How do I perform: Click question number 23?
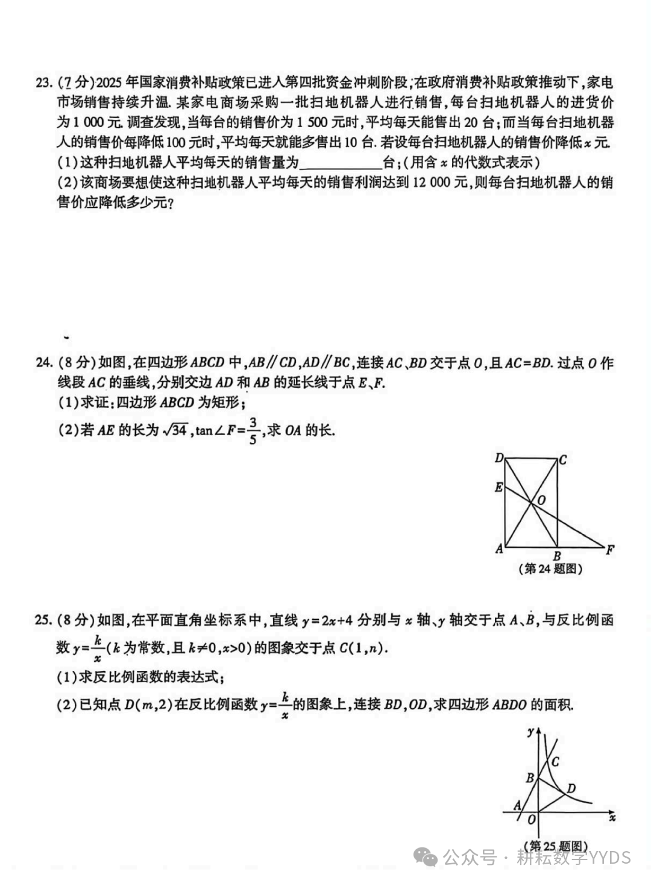tap(44, 83)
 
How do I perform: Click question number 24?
tap(44, 363)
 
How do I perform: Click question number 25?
tap(44, 620)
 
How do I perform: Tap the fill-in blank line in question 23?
tap(341, 163)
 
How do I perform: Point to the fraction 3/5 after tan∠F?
tap(254, 430)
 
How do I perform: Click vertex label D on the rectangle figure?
tap(499, 459)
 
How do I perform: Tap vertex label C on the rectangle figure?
tap(562, 460)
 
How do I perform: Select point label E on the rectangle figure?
tap(498, 487)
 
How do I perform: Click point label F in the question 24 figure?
tap(610, 550)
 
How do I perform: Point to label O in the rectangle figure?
tap(541, 500)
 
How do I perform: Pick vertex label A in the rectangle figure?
tap(498, 549)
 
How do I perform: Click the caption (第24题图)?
tap(550, 568)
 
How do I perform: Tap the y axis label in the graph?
tap(530, 732)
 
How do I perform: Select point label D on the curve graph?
tap(571, 788)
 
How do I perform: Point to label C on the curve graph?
tap(555, 762)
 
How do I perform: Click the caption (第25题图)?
tap(556, 846)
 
